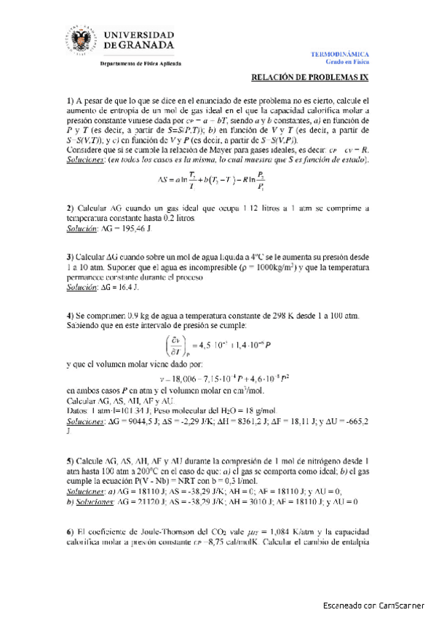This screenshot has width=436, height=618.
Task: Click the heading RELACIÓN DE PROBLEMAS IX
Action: [x=310, y=79]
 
